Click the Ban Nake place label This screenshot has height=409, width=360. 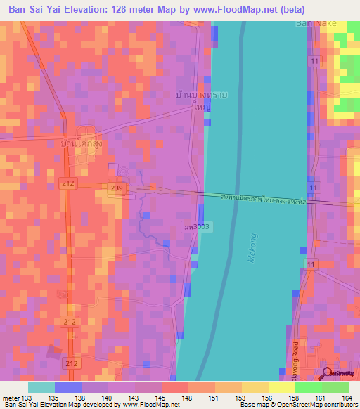[x=316, y=23]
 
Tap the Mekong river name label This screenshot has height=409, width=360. [x=253, y=249]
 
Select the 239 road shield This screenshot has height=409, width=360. [x=118, y=187]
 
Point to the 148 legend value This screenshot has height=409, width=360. [x=188, y=397]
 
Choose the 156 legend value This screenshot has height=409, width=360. [x=268, y=397]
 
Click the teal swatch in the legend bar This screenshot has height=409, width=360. [x=41, y=387]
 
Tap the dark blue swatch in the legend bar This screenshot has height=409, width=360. [x=68, y=387]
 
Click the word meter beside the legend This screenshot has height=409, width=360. [x=10, y=397]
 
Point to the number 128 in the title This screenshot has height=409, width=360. [x=140, y=11]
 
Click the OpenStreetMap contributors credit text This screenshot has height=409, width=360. [x=318, y=405]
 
